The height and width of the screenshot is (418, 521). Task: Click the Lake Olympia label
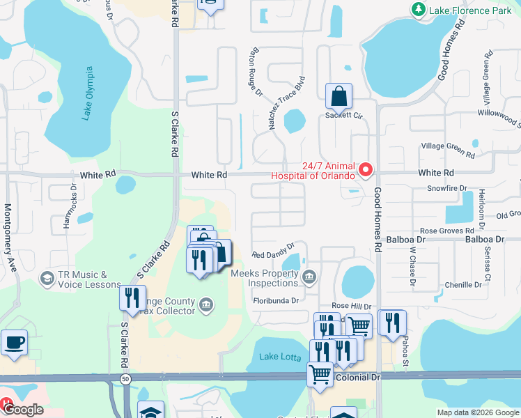point(88,93)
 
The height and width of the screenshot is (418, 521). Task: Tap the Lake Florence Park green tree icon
point(418,10)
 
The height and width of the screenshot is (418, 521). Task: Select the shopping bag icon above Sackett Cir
point(339,95)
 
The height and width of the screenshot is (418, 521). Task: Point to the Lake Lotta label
point(279,357)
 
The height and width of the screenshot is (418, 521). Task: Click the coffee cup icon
point(14,343)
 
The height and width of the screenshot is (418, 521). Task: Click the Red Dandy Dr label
point(274,250)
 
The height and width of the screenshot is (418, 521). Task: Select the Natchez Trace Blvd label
point(287,103)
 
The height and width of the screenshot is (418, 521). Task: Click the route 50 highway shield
point(125,377)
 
